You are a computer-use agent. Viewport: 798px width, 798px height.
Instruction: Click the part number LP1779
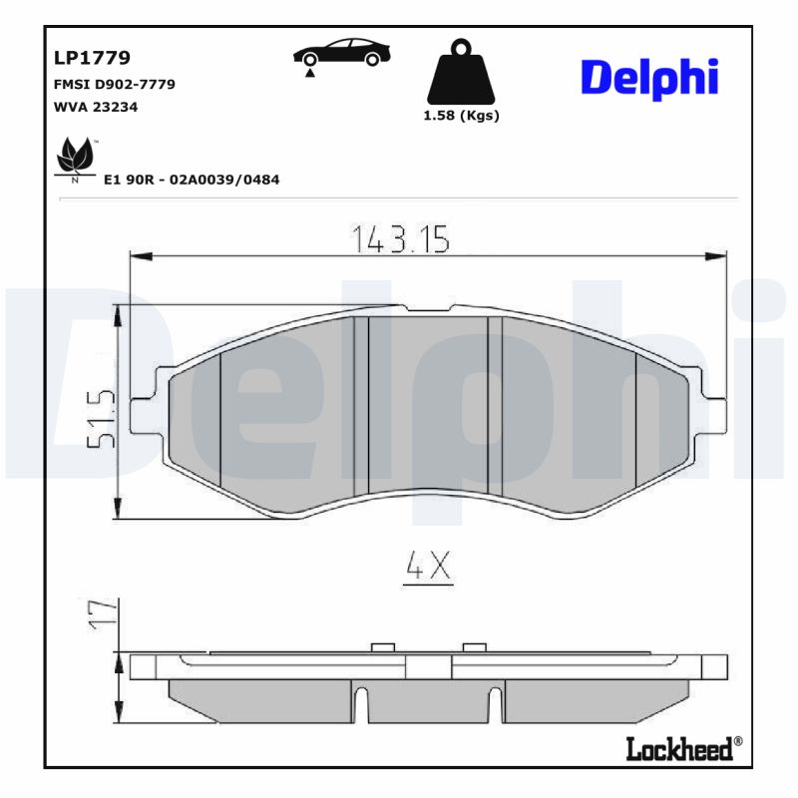[x=91, y=59]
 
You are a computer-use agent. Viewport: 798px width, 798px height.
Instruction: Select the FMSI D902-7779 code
[x=114, y=85]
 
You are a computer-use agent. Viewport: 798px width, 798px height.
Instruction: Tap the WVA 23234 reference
[x=96, y=108]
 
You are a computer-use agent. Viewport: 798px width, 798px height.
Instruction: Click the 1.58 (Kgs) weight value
[x=461, y=116]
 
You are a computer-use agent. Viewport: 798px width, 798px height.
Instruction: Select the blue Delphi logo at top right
[x=648, y=77]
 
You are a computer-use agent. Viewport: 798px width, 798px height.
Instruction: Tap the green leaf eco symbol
[x=74, y=159]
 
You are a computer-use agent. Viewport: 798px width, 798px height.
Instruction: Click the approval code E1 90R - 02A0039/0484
[x=192, y=180]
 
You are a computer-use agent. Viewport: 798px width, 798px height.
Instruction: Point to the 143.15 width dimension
[x=401, y=238]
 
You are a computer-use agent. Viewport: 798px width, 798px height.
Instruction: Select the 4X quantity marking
[x=429, y=567]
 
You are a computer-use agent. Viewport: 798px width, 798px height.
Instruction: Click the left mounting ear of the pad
[x=146, y=397]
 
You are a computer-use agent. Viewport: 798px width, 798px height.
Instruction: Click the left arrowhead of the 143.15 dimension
[x=140, y=257]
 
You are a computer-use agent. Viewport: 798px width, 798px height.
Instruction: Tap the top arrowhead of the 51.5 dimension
[x=120, y=314]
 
